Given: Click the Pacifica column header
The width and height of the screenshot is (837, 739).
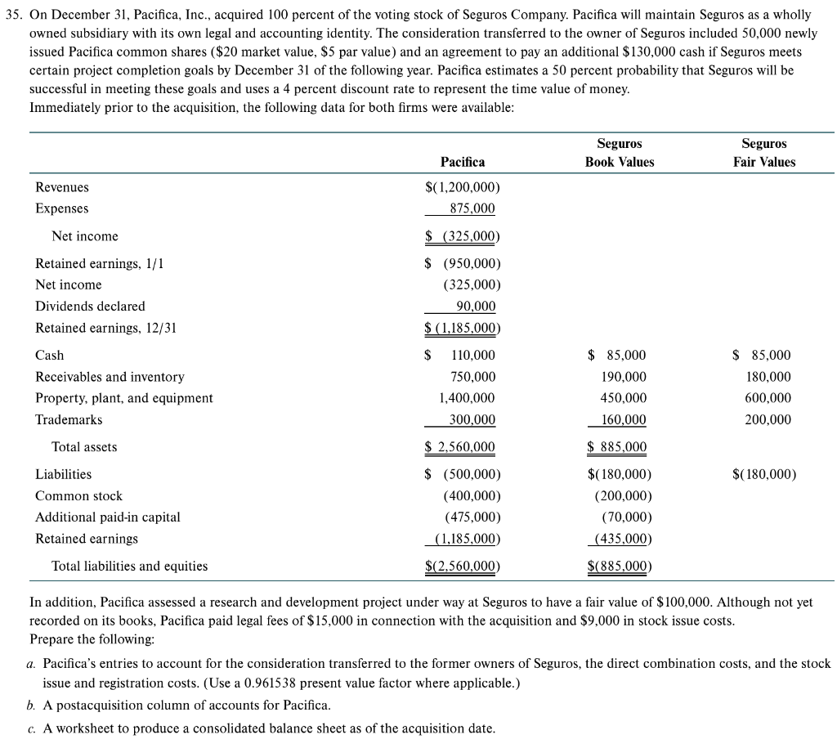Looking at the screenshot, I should point(463,162).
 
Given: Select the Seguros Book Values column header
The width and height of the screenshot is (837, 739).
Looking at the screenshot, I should point(620,153).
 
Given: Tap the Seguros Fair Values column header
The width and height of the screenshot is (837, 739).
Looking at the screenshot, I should point(763,153).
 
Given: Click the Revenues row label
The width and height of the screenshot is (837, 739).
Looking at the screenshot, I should point(62,187).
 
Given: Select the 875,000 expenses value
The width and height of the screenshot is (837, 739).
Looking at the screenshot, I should point(472,208).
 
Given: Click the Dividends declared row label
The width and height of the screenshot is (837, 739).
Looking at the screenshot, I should point(90,306).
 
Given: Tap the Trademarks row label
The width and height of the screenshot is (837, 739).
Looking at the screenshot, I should point(69,419).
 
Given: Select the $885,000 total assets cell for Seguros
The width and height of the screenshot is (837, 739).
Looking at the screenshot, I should point(617,447).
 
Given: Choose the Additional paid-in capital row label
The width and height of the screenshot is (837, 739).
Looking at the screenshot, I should point(108,517).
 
